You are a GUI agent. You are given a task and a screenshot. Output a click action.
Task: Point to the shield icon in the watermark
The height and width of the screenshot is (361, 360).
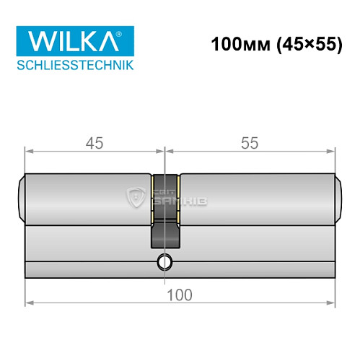(x=135, y=196)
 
